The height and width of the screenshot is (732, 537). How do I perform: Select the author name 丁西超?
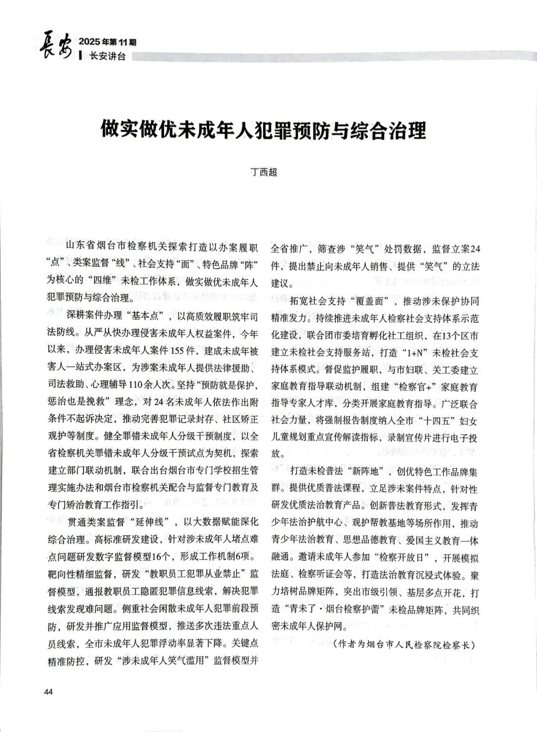[264, 172]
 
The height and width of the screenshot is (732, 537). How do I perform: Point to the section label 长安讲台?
[107, 56]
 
